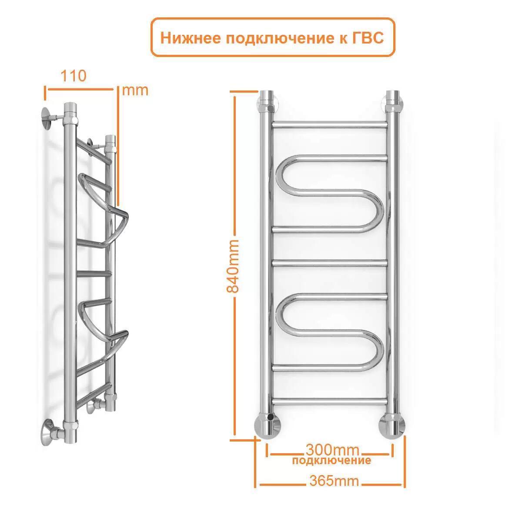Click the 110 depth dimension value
(x=73, y=76)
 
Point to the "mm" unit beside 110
(x=135, y=90)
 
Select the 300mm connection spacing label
(x=333, y=449)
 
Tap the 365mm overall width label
(x=334, y=481)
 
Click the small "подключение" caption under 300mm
(x=332, y=460)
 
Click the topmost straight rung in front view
(x=329, y=124)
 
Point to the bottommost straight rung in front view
(x=329, y=401)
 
